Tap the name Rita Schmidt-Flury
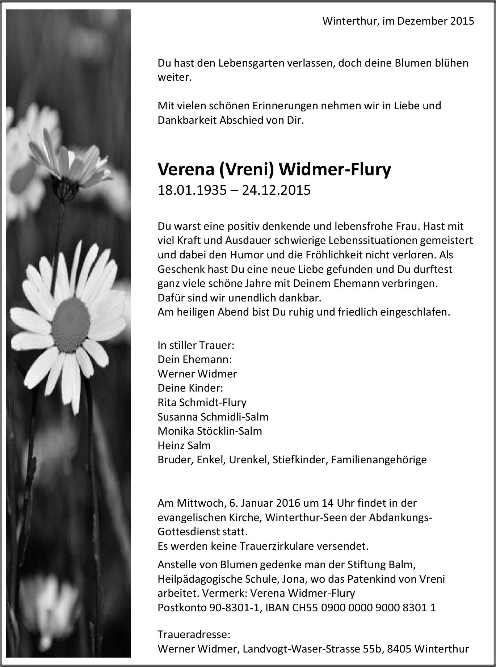(202, 402)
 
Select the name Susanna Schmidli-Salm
(213, 417)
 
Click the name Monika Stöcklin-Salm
(210, 431)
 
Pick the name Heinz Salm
(184, 446)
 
